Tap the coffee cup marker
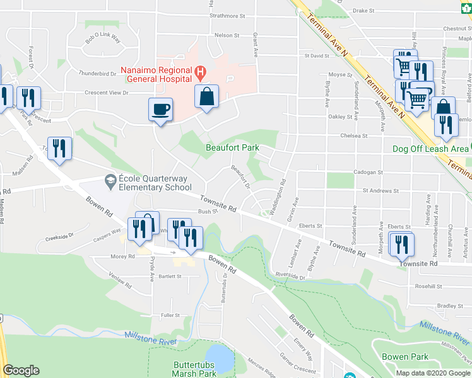160,109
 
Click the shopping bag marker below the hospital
206,97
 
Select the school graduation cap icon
111,179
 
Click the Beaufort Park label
232,147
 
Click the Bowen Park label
405,357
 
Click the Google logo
21,370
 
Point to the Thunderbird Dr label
99,73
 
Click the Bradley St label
450,306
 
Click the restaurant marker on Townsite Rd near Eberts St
401,243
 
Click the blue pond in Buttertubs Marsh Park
220,357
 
